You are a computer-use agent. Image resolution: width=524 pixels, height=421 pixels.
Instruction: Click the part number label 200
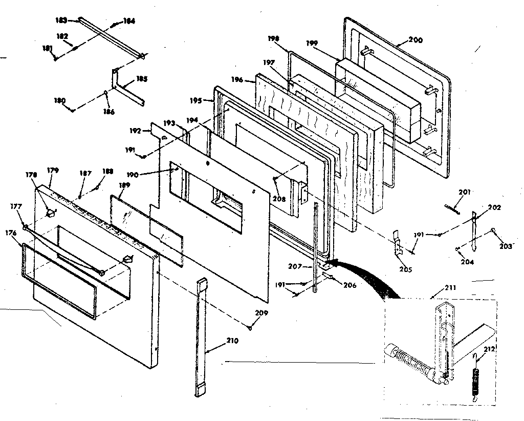pyautogui.click(x=416, y=40)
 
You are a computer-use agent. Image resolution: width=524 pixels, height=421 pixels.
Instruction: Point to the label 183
pyautogui.click(x=61, y=19)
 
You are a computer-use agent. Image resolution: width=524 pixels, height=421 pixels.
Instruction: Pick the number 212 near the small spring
pyautogui.click(x=490, y=350)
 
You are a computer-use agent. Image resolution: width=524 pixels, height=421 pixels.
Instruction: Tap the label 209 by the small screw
pyautogui.click(x=261, y=313)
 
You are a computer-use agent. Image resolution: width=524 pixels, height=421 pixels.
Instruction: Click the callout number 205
pyautogui.click(x=406, y=269)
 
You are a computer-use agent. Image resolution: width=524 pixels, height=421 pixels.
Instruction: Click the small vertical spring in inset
pyautogui.click(x=477, y=382)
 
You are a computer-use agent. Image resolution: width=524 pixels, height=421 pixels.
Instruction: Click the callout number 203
pyautogui.click(x=506, y=246)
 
